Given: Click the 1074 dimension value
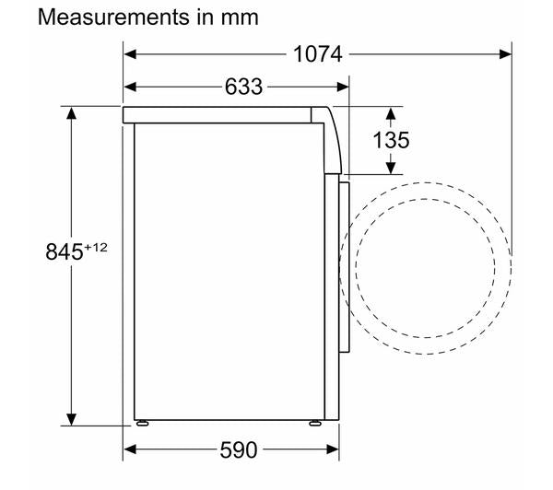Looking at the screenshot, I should tap(318, 54).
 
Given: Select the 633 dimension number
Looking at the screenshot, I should tap(243, 87).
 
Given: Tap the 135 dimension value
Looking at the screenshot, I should tap(392, 140).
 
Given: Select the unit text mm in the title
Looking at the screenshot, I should tap(240, 17).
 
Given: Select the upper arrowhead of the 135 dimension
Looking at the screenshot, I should tap(391, 112).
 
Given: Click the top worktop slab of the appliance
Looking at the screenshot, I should tap(221, 113).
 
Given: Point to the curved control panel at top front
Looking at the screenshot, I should tap(334, 138).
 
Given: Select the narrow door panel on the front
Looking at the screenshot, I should tap(346, 267).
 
